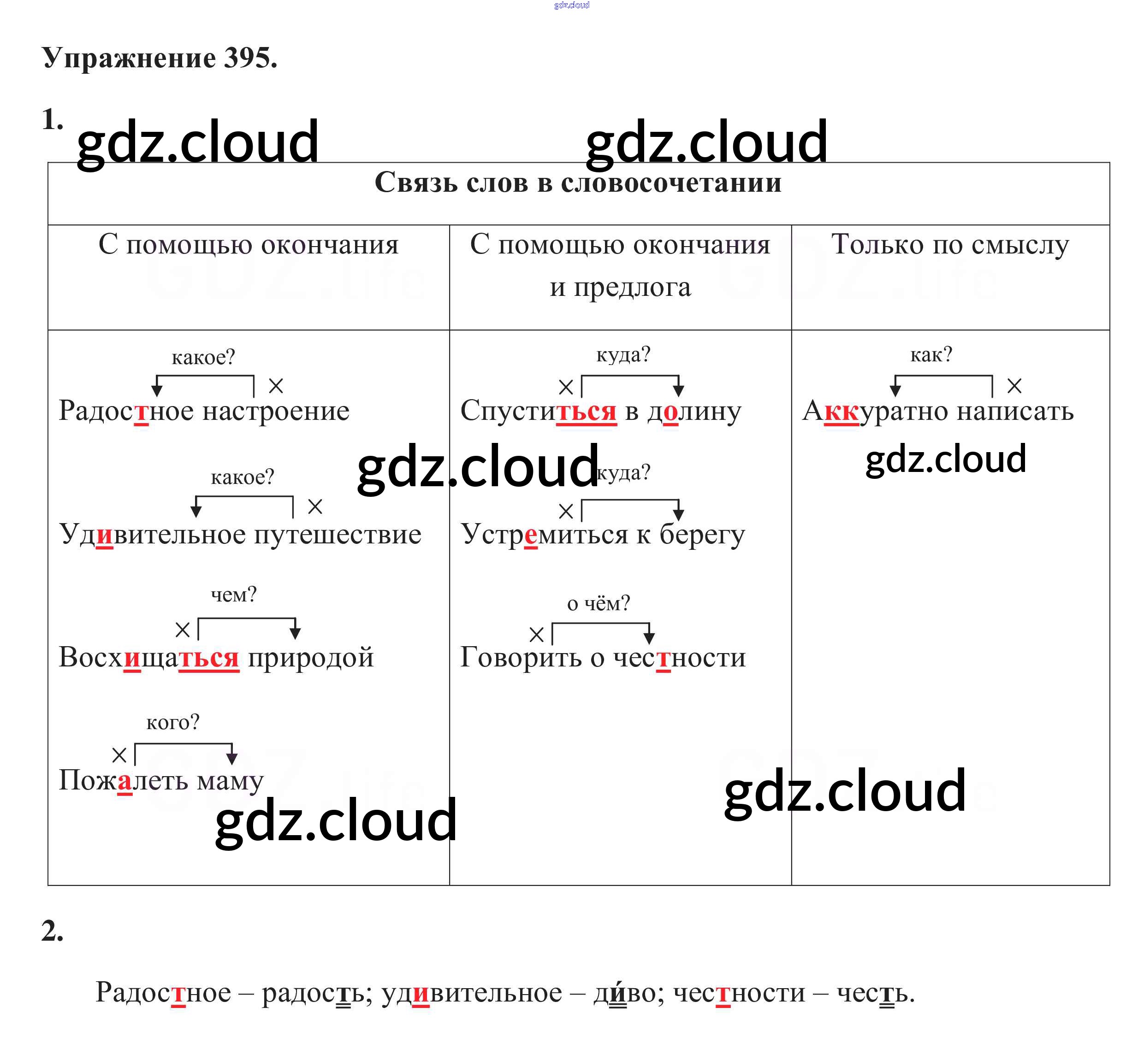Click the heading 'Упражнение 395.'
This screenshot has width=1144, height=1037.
click(160, 58)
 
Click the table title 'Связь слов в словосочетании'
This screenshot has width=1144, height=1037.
click(578, 183)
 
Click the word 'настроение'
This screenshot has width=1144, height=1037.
click(276, 411)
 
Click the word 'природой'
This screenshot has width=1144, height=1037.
click(311, 658)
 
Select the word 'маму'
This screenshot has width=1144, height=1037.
click(231, 781)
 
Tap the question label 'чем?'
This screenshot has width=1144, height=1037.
click(234, 595)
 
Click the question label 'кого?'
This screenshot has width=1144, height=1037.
click(173, 722)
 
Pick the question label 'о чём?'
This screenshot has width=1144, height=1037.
click(599, 603)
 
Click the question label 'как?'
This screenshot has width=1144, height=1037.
click(931, 354)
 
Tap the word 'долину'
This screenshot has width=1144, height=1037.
click(694, 411)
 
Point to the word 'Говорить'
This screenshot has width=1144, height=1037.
click(521, 658)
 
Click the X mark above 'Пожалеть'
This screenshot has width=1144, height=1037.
click(119, 755)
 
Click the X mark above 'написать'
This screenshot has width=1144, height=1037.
click(1014, 386)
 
